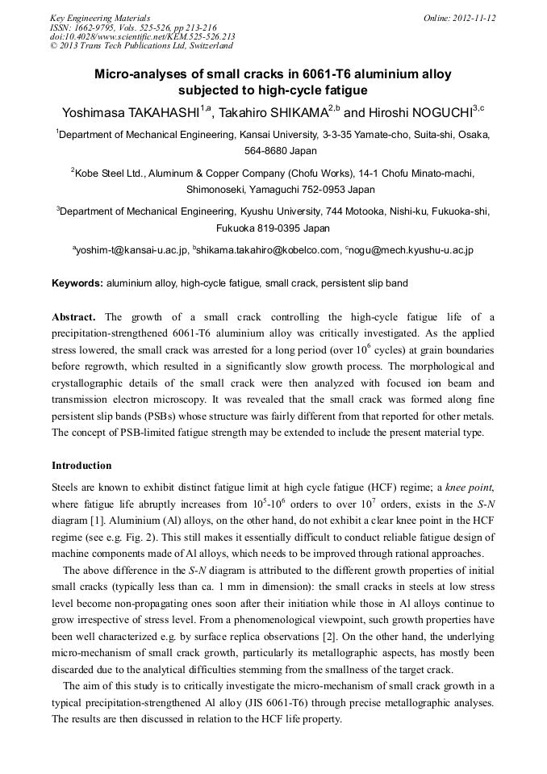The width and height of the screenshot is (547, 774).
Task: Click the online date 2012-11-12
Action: pos(474,18)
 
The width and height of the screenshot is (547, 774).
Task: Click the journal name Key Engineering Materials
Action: pos(100,18)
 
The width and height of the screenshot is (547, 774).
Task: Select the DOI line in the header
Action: pos(142,36)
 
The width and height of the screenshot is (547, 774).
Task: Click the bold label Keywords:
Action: pos(77,283)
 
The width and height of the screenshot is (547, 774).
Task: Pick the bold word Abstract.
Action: pos(73,317)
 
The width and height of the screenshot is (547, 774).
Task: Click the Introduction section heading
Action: pos(81,466)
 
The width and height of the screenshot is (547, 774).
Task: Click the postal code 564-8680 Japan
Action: pos(273,150)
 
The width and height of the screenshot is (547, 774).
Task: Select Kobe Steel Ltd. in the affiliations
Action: pos(109,173)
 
